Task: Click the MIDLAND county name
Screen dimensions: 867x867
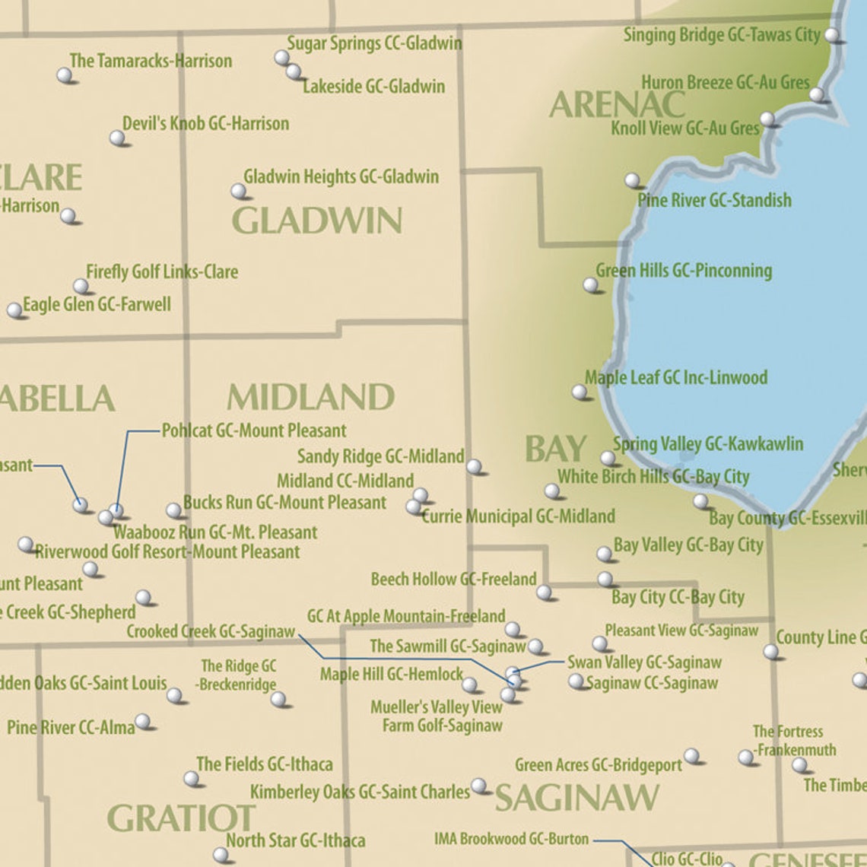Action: (x=310, y=397)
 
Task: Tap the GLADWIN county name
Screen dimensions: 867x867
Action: (x=316, y=221)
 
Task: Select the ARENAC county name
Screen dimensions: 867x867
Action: (x=617, y=105)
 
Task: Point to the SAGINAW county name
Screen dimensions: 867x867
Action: (x=576, y=798)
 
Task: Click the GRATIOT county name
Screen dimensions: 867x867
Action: (x=181, y=818)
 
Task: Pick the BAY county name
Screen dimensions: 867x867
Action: (x=556, y=449)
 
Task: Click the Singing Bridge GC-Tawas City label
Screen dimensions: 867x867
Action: (x=721, y=35)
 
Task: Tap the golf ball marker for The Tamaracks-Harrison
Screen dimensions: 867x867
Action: (x=65, y=75)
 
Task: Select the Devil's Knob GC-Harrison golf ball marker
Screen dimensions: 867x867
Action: (x=117, y=138)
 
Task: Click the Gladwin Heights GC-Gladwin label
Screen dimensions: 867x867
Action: (x=341, y=176)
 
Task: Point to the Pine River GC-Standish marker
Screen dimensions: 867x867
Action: (x=632, y=180)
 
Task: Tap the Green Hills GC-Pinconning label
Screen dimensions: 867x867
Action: (x=683, y=271)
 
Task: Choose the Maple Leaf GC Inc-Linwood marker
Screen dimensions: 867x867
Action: (x=580, y=392)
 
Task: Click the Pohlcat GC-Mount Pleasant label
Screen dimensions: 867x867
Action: (x=254, y=430)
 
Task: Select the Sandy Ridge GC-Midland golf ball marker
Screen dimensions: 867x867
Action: (x=474, y=465)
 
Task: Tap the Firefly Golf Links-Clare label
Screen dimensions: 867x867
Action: (x=161, y=272)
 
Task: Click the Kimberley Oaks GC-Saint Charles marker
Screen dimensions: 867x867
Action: (x=478, y=785)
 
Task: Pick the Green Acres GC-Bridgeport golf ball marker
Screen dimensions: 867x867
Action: (x=691, y=755)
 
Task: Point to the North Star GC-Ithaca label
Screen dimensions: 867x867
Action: (x=295, y=840)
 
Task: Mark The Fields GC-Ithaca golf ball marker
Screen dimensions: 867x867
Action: (x=192, y=778)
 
